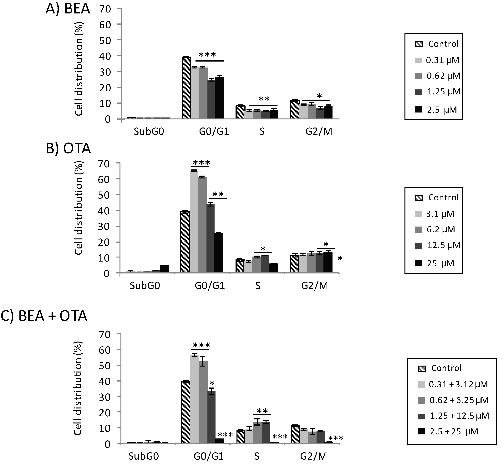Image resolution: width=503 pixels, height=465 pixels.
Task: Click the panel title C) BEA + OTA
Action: (44, 316)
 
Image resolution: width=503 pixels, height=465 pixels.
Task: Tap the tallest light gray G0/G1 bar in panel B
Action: (194, 221)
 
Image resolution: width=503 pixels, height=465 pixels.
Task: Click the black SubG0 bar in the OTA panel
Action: (164, 269)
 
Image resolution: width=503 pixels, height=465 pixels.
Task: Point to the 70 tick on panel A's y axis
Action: (105, 9)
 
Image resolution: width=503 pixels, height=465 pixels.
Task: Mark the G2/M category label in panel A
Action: (319, 132)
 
